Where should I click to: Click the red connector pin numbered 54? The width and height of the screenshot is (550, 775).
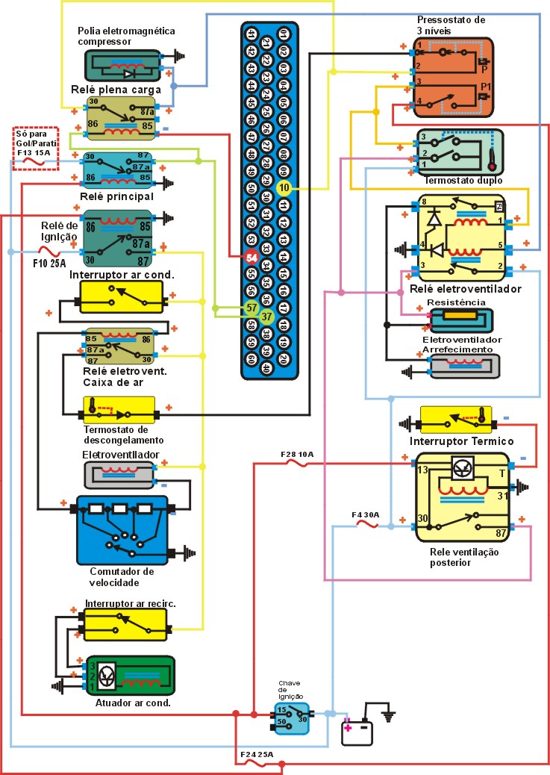pos(251,258)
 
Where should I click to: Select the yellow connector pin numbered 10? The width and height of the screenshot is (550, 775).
pos(284,187)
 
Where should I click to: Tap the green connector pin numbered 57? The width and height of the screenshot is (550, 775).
pos(251,307)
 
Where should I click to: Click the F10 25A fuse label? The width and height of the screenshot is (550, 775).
pos(49,263)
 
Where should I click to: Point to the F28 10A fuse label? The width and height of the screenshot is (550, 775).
pos(296,454)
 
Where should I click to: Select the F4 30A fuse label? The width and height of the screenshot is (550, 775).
pos(366,514)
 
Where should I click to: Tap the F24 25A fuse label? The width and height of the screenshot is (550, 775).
pos(256,756)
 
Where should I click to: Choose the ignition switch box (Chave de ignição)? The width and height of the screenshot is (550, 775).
pos(290,718)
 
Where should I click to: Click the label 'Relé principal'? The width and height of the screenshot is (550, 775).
pos(116,196)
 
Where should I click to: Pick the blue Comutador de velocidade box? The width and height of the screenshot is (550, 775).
pos(122,529)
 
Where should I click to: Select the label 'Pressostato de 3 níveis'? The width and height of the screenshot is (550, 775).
pos(452,25)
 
